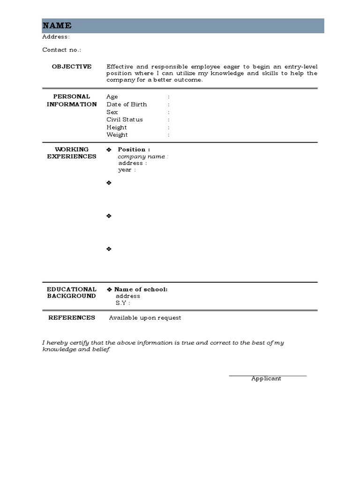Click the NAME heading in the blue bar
click(57, 26)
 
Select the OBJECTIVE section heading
click(72, 67)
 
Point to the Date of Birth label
click(127, 105)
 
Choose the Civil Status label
click(125, 120)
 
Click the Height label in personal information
click(117, 127)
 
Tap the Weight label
click(117, 135)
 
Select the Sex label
click(112, 112)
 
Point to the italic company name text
click(142, 157)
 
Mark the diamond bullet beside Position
click(109, 150)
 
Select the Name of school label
click(141, 289)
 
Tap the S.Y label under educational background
click(122, 303)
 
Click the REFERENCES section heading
click(72, 318)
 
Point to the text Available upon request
click(145, 318)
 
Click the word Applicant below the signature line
click(266, 379)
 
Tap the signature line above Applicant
click(268, 375)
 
